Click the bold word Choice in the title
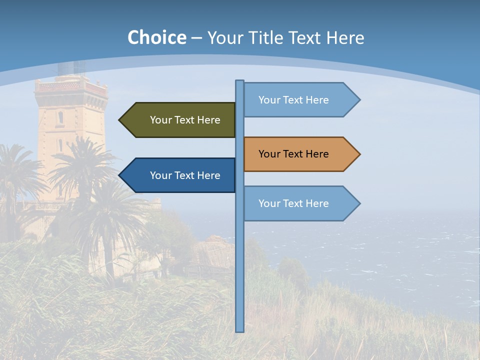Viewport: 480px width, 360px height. tap(156, 38)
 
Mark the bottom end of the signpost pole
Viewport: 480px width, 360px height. tap(239, 330)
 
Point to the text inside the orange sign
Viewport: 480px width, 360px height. tap(293, 154)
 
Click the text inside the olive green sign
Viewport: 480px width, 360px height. tap(185, 120)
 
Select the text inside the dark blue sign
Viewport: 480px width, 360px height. tap(185, 175)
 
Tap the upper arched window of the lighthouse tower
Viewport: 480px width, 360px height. tap(60, 117)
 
